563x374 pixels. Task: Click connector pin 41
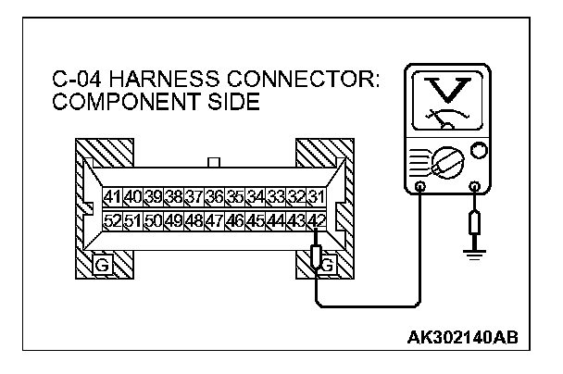(112, 196)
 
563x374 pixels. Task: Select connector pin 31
(316, 196)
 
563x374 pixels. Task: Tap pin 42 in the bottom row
(316, 221)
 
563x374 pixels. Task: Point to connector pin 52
(112, 221)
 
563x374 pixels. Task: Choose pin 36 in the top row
(214, 196)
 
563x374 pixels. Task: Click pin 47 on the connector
(214, 221)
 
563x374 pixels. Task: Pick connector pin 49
(173, 221)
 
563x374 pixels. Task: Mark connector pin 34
(255, 196)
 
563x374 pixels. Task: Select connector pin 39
(153, 196)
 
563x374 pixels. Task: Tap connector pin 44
(275, 221)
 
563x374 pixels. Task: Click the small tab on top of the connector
(214, 163)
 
